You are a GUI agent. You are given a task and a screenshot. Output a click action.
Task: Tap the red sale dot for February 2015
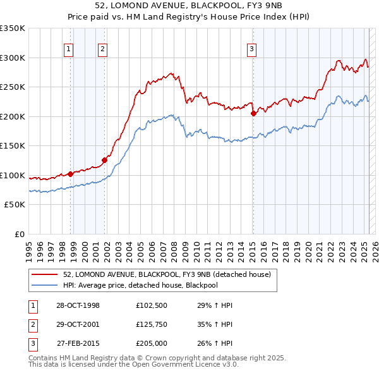coord(253,114)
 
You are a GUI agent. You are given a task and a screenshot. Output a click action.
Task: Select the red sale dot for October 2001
coord(105,160)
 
